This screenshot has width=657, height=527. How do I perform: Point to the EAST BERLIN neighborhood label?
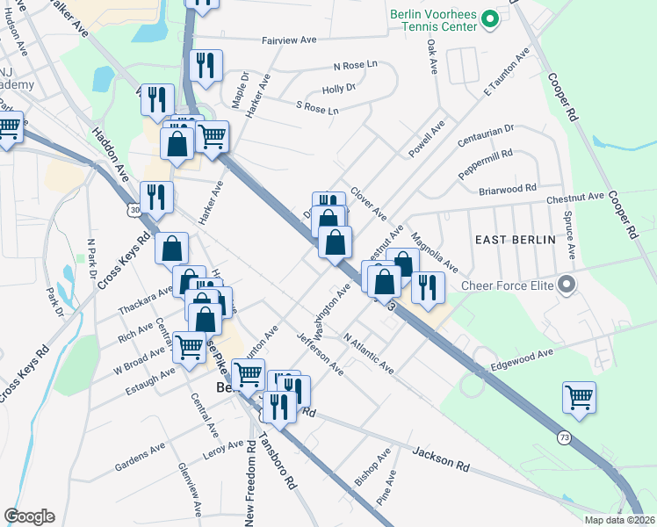click(x=515, y=240)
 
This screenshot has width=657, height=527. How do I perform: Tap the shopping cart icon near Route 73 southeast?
click(x=579, y=397)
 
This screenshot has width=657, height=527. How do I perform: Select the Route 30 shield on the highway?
click(x=134, y=211)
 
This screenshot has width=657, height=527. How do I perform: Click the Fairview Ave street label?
click(x=289, y=40)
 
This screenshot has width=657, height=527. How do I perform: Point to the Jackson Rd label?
click(x=441, y=458)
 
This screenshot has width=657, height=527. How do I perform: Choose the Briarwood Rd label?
click(x=507, y=189)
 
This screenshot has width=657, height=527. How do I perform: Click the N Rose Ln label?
click(x=355, y=66)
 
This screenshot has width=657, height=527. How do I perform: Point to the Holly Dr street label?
click(x=338, y=89)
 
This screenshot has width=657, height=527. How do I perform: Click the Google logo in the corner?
click(x=29, y=516)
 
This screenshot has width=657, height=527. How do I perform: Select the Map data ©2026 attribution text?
click(x=619, y=520)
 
